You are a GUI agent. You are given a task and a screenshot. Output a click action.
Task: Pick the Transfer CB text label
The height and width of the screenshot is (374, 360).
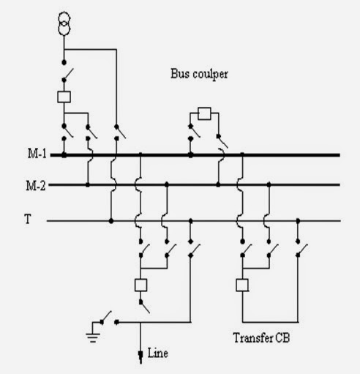(x=263, y=340)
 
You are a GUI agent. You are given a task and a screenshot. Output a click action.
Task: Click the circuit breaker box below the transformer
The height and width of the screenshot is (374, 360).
(x=64, y=96)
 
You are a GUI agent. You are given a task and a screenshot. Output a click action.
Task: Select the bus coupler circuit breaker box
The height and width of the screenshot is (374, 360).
(x=205, y=113)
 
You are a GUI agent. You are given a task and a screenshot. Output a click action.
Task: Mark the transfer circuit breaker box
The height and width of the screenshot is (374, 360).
(x=241, y=285)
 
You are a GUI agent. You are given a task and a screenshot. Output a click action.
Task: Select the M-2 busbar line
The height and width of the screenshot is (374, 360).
(x=307, y=184)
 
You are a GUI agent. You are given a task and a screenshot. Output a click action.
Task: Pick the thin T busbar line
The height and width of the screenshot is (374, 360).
(x=322, y=220)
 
